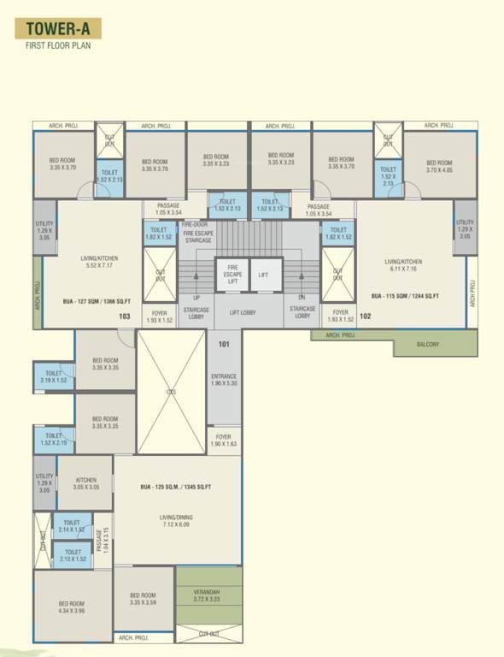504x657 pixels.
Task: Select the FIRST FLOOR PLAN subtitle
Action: tap(57, 46)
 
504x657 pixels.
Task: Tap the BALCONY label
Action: tap(427, 344)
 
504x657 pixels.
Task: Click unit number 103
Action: tap(125, 317)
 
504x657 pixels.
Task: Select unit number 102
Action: tap(365, 317)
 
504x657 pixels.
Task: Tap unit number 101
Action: tap(224, 345)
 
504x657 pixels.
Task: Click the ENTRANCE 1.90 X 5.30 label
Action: tap(224, 380)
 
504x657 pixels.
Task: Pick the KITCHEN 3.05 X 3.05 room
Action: tap(85, 483)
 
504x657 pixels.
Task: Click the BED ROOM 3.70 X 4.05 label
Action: tap(439, 166)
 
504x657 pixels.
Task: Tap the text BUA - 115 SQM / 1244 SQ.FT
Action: tap(405, 296)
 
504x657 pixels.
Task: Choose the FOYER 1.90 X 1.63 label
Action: tap(224, 440)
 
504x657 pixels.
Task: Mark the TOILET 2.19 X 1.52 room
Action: tap(54, 376)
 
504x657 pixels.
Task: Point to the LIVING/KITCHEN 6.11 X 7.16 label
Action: tap(404, 266)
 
